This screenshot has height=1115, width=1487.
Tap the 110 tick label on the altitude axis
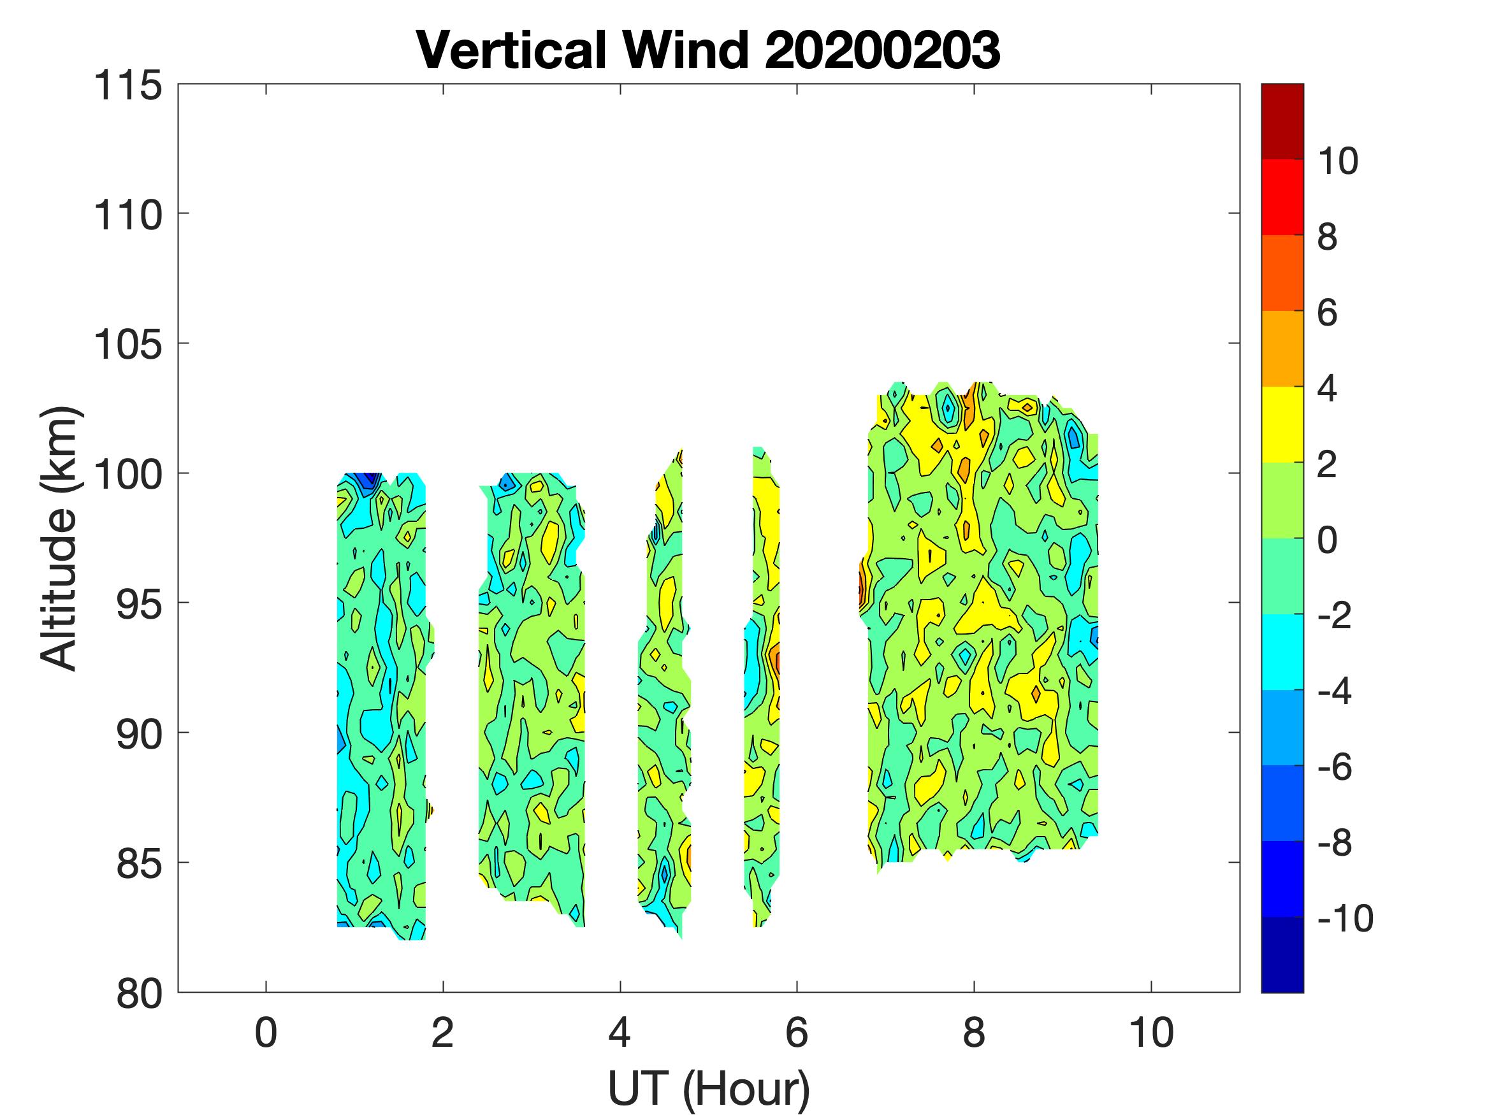127,216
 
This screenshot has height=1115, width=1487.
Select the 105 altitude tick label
127,345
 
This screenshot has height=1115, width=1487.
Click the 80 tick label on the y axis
138,994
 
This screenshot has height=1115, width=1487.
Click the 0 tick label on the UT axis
266,1033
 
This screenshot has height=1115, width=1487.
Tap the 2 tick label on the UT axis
442,1033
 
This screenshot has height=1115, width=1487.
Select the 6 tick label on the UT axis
797,1033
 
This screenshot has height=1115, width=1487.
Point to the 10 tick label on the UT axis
1151,1033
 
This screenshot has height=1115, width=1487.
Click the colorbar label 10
1338,161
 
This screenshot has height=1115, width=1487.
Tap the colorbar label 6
1327,313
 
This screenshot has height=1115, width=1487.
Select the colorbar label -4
1334,691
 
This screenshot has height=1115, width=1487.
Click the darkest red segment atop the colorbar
1282,121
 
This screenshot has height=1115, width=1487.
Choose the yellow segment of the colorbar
1282,424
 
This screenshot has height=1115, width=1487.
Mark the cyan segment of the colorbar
1282,651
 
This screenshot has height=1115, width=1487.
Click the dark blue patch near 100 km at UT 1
367,481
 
